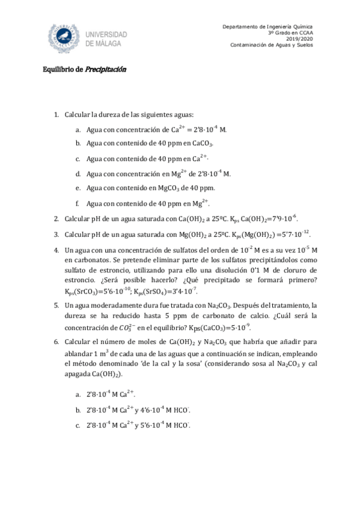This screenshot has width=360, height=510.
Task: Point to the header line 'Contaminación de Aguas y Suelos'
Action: pyautogui.click(x=276, y=46)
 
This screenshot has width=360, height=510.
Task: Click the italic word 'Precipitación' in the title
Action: pyautogui.click(x=106, y=69)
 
